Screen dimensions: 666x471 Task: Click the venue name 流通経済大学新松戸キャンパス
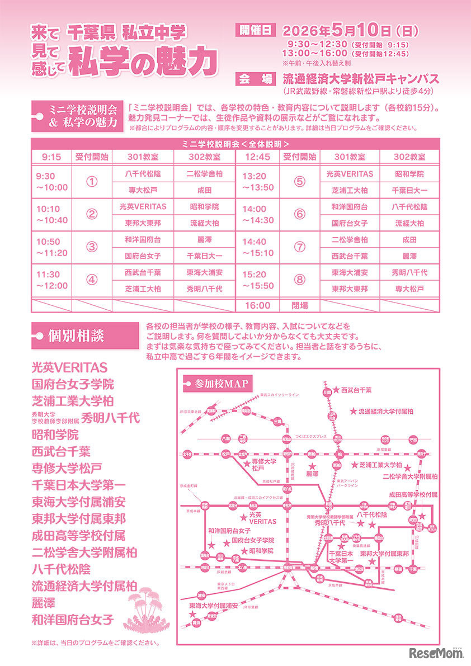[360, 78]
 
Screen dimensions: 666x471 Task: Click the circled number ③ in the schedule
[92, 247]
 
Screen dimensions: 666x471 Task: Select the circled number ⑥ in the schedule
[300, 214]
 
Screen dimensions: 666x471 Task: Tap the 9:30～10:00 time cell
[51, 181]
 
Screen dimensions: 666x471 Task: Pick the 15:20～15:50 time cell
[258, 280]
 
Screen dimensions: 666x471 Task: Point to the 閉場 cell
[300, 305]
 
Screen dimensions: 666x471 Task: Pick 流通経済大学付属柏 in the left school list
[84, 586]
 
